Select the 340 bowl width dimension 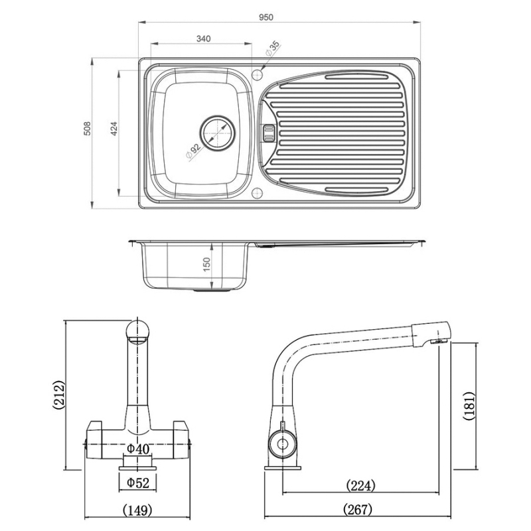point(203,39)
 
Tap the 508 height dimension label point(86,129)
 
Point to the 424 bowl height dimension point(114,129)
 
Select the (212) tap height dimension point(58,396)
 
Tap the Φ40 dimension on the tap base point(138,449)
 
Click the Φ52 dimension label point(138,483)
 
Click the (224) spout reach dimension point(361,485)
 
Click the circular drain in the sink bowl point(218,132)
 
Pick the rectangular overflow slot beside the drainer point(268,132)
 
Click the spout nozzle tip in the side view point(438,341)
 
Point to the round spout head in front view point(138,331)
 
